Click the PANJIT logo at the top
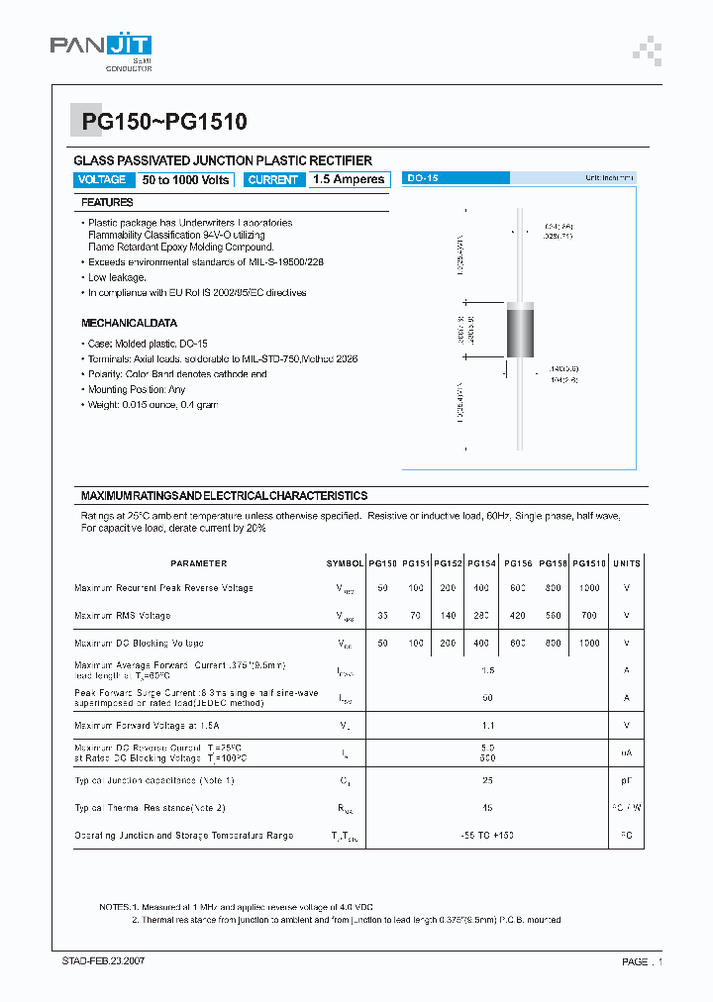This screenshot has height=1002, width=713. pyautogui.click(x=101, y=49)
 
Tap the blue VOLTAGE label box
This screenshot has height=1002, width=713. pyautogui.click(x=101, y=179)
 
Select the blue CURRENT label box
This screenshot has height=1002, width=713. pyautogui.click(x=272, y=179)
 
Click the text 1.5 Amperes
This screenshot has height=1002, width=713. pyautogui.click(x=348, y=179)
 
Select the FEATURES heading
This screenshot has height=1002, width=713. pyautogui.click(x=107, y=202)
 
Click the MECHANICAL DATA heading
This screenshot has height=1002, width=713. pyautogui.click(x=129, y=323)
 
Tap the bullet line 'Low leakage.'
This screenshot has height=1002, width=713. pyautogui.click(x=117, y=277)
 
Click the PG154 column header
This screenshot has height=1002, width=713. pyautogui.click(x=482, y=563)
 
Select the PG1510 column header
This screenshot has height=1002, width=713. pyautogui.click(x=589, y=563)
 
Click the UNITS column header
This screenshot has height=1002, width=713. pyautogui.click(x=627, y=563)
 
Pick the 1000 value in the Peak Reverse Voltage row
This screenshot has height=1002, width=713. pyautogui.click(x=589, y=588)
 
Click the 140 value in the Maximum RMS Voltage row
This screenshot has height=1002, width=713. pyautogui.click(x=448, y=615)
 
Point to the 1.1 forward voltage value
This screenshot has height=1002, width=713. pyautogui.click(x=487, y=726)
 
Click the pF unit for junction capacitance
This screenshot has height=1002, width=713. pyautogui.click(x=626, y=780)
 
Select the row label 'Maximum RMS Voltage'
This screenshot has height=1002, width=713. pyautogui.click(x=122, y=615)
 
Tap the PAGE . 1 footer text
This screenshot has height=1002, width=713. pyautogui.click(x=642, y=961)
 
